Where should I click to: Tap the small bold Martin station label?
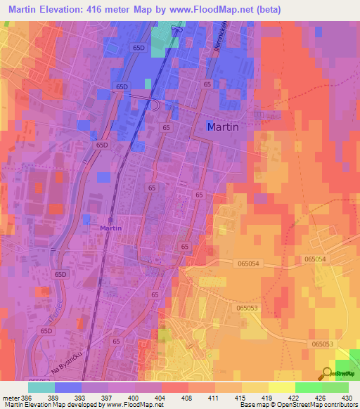[110, 228]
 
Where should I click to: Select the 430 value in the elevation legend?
[347, 397]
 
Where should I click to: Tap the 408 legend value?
[187, 397]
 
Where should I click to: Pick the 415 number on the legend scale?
[241, 397]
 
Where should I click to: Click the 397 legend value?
[107, 397]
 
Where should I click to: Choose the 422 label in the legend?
[295, 397]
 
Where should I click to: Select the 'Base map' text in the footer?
[253, 405]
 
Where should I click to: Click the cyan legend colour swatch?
[41, 387]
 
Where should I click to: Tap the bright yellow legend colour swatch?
[281, 387]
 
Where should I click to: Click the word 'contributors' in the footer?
[339, 405]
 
